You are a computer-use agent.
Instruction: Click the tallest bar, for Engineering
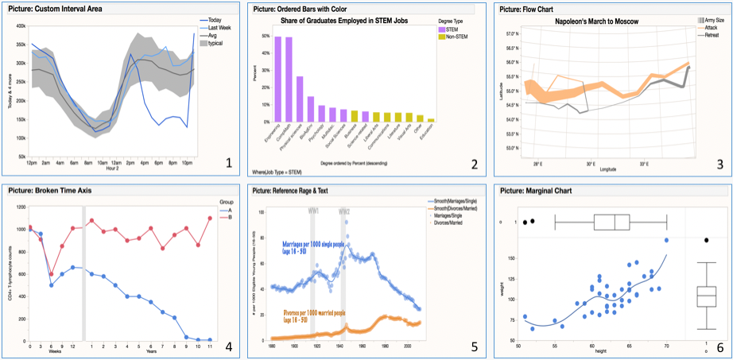coord(278,79)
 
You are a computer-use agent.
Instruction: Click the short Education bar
coord(431,119)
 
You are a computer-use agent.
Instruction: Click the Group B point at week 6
coord(51,274)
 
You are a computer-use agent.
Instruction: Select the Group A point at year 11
coord(210,339)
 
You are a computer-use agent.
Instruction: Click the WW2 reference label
coord(344,212)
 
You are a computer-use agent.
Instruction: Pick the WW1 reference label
coord(314,212)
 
